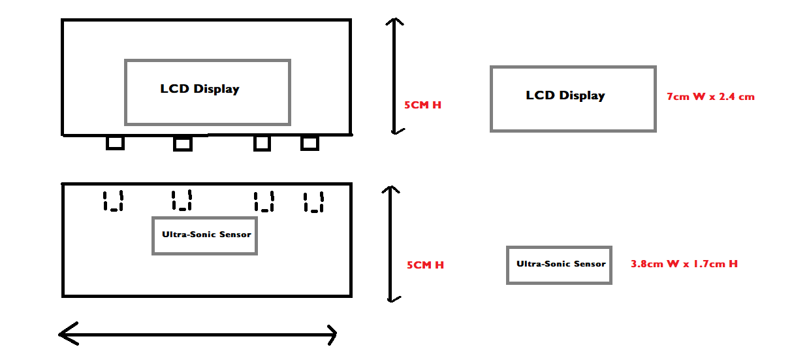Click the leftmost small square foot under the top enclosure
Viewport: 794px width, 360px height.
(115, 142)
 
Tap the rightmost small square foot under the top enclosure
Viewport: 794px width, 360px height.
(310, 142)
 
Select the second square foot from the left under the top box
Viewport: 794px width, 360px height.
(183, 143)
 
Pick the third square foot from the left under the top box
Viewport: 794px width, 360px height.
(262, 142)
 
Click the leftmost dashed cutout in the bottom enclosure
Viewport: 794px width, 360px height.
(113, 201)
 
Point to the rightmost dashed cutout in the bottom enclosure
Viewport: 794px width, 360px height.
(313, 201)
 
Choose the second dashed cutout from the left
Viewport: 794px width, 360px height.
(182, 200)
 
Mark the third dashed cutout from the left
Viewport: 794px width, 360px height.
(264, 201)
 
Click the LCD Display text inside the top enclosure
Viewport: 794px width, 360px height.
(200, 89)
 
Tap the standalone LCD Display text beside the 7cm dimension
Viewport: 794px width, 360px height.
(565, 95)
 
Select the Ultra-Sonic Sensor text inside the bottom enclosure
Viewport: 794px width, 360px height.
(206, 235)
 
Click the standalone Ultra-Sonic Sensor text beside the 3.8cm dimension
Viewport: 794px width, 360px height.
(561, 264)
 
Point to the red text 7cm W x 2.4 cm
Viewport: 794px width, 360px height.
(710, 97)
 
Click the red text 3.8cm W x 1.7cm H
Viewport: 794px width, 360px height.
(684, 264)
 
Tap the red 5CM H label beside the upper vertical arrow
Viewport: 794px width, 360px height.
(422, 105)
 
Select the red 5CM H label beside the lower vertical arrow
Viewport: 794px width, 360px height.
(425, 265)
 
